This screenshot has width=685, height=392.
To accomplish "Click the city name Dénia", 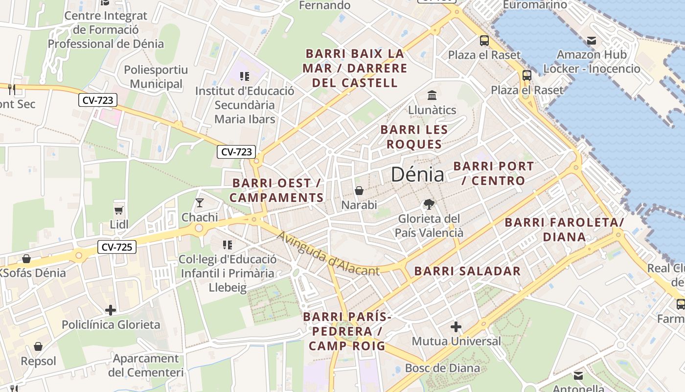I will [x=417, y=175].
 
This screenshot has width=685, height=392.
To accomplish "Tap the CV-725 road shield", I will [x=117, y=247].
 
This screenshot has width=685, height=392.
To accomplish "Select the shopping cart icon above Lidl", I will [x=118, y=210].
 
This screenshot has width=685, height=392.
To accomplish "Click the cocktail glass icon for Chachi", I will [x=200, y=202].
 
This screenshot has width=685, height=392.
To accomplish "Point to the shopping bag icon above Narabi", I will [x=359, y=190].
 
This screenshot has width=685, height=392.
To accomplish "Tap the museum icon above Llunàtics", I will [x=432, y=95].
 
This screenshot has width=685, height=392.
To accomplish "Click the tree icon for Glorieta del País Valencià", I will [x=429, y=204].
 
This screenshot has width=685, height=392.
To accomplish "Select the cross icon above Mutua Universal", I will [x=456, y=326].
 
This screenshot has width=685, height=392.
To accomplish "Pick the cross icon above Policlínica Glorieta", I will [x=111, y=310].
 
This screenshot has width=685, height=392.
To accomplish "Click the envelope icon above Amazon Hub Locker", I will [x=592, y=40].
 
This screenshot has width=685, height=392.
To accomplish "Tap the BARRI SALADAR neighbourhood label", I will [x=467, y=271].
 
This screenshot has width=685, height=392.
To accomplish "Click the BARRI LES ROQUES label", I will [x=414, y=137].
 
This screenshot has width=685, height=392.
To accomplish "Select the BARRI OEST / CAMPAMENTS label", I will [x=276, y=190].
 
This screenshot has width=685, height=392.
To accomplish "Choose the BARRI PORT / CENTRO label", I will [x=493, y=173].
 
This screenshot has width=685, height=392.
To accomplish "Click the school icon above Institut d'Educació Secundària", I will [x=245, y=76].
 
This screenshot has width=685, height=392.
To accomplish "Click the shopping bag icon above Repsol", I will [x=38, y=346].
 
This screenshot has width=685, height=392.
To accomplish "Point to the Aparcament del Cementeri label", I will [x=146, y=366].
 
